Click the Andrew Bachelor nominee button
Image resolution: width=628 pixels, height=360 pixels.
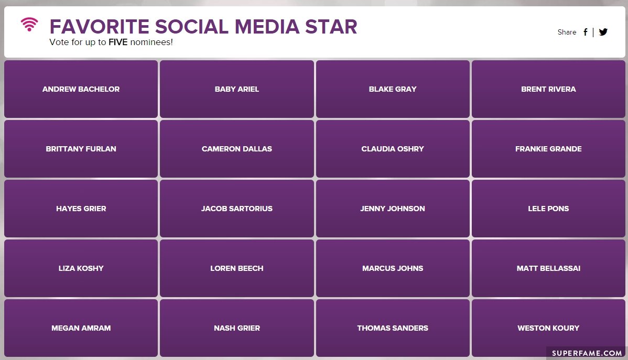coord(81,89)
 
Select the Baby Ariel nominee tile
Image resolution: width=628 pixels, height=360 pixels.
coord(237,89)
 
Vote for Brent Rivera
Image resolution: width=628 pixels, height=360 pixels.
coord(548,89)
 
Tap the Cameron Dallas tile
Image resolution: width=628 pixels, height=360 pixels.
coord(237,149)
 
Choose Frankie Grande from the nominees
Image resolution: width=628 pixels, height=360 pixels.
coord(548,149)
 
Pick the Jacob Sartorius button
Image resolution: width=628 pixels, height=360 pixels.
coord(237,208)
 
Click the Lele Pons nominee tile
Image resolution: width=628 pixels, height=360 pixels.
coord(548,208)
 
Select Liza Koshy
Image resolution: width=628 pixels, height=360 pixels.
coord(81,268)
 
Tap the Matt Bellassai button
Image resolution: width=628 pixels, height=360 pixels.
coord(548,268)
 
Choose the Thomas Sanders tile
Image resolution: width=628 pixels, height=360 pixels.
coord(393,328)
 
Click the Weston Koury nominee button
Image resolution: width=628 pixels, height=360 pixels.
coord(548,328)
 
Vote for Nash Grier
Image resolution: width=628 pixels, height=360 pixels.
coord(237,328)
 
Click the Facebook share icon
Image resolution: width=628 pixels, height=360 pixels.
coord(585,32)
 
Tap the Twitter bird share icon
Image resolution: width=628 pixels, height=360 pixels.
coord(603,32)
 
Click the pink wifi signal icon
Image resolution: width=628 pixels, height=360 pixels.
coord(29,25)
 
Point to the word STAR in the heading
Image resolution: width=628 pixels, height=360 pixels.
coord(331,27)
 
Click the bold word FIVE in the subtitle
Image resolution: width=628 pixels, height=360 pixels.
coord(118,42)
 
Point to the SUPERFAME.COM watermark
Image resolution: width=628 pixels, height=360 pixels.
coord(587,353)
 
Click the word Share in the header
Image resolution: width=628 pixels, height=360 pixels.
coord(567,32)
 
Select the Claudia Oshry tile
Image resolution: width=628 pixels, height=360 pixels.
coord(393,149)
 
